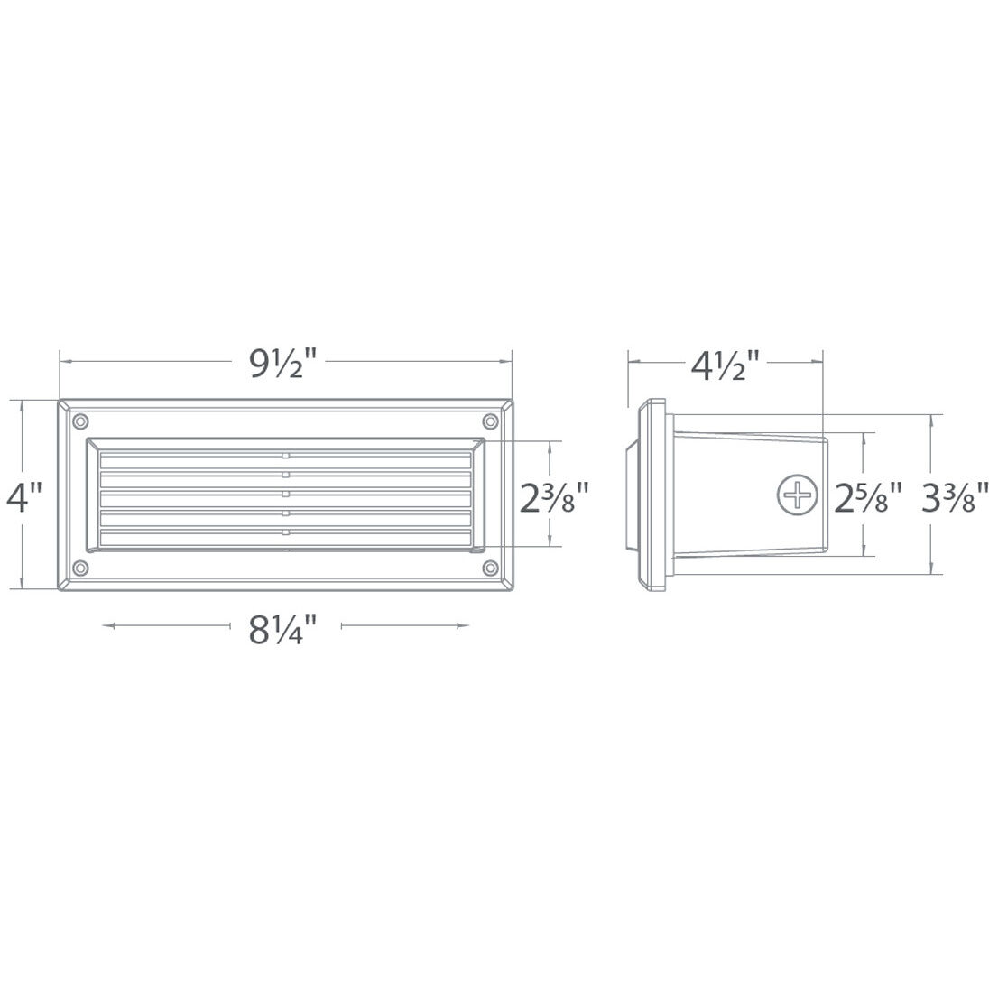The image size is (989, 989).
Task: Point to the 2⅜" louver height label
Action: [x=557, y=495]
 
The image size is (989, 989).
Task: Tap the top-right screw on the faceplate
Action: [x=491, y=421]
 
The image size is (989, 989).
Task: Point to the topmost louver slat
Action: [x=285, y=460]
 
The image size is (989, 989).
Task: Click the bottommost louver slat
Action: [x=285, y=539]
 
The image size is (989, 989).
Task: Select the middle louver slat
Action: [x=285, y=499]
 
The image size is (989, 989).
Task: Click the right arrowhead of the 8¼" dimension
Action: [x=467, y=624]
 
